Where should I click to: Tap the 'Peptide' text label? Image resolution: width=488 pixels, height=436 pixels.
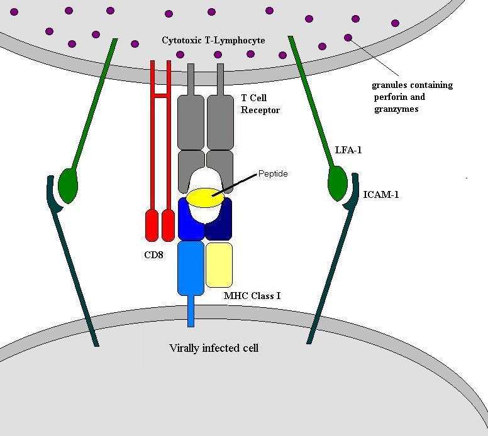tap(272, 173)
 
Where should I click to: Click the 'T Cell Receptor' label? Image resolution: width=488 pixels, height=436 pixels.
tap(260, 104)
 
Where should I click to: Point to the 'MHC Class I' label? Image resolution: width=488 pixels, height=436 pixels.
tap(252, 295)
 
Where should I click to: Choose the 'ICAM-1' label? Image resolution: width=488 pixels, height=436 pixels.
tap(380, 195)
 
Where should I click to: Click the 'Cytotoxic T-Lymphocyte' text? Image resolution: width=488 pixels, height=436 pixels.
tap(213, 40)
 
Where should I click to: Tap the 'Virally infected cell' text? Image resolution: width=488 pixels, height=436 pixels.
tap(214, 347)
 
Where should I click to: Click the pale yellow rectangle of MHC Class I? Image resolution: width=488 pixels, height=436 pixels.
tap(219, 264)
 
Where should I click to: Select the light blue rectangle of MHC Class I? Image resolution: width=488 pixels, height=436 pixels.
tap(191, 268)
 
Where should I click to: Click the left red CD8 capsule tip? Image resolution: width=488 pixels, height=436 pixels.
tap(152, 226)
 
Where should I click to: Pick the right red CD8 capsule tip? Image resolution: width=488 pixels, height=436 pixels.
tap(168, 226)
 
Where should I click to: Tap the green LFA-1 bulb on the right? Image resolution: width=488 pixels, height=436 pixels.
tap(337, 182)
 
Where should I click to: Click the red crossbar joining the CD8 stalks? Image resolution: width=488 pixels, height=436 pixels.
tap(160, 96)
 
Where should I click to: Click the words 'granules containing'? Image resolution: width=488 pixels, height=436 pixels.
tap(412, 85)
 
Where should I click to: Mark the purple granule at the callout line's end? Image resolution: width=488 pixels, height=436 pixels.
tap(348, 38)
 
